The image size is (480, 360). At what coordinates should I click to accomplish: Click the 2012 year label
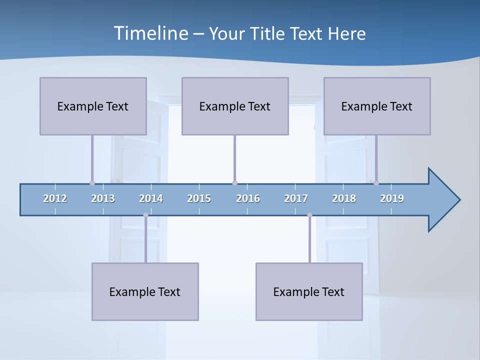(x=55, y=198)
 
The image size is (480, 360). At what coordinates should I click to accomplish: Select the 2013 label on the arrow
(x=103, y=198)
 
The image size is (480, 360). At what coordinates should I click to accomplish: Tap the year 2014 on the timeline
(x=151, y=198)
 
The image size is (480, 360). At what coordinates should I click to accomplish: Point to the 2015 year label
(x=199, y=198)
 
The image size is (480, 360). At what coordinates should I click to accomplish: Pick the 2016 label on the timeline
(x=248, y=198)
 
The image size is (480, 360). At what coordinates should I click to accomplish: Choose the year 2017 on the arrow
(x=296, y=198)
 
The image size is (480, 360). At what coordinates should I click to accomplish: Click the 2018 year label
(x=344, y=198)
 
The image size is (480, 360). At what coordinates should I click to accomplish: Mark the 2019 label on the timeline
(x=392, y=198)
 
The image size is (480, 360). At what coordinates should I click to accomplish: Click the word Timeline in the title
(x=150, y=33)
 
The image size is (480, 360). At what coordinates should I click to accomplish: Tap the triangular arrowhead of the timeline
(x=443, y=200)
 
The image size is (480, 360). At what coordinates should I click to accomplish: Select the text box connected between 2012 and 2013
(x=93, y=106)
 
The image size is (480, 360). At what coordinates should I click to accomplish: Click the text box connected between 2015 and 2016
(x=235, y=106)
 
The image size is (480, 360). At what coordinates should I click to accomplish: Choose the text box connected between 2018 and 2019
(x=377, y=106)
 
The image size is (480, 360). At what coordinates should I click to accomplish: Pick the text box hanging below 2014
(x=145, y=291)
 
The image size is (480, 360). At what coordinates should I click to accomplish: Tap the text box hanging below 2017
(x=309, y=291)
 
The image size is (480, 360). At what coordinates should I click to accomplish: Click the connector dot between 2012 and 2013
(x=92, y=183)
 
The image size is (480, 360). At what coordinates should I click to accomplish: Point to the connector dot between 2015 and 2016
(x=234, y=183)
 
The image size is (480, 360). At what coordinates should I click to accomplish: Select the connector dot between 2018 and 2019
(x=376, y=183)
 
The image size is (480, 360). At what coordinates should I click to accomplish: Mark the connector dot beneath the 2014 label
(x=145, y=215)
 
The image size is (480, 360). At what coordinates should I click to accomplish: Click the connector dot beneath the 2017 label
(x=309, y=215)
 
